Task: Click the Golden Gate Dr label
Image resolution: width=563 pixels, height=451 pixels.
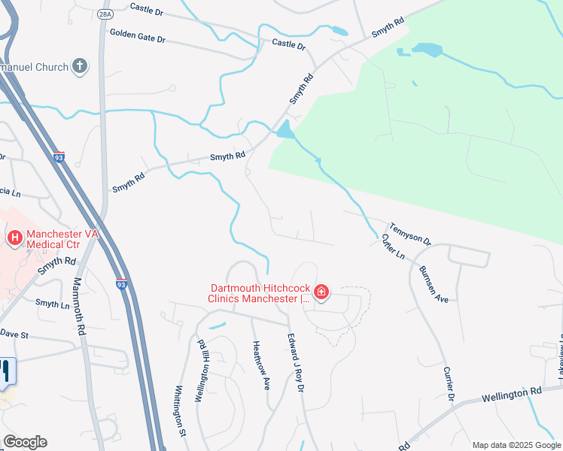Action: [x=137, y=35]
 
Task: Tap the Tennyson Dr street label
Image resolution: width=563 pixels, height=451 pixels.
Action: [x=410, y=233]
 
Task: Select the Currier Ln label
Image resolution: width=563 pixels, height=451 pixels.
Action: [x=393, y=247]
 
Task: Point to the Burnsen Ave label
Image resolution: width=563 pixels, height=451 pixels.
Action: [x=434, y=283]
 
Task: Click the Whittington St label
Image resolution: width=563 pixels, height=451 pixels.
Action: [x=181, y=411]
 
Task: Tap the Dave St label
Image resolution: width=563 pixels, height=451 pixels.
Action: [x=14, y=332]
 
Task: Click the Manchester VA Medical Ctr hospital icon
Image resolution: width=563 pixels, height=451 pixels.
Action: [x=14, y=239]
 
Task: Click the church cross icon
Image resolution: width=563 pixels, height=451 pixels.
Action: [x=80, y=66]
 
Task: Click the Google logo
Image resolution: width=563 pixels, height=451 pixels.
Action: [x=25, y=442]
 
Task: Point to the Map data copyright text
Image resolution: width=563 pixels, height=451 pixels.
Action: [x=516, y=445]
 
